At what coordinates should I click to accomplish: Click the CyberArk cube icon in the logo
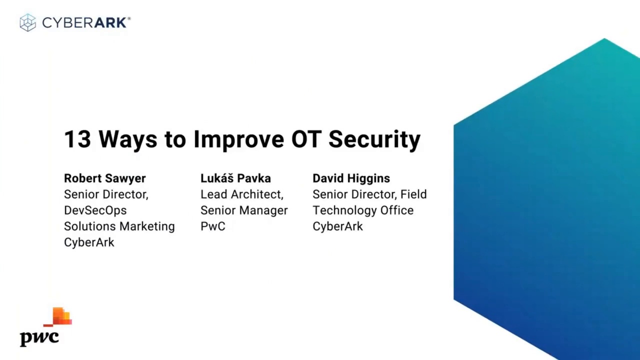point(28,22)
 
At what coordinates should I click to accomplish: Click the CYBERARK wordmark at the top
point(85,22)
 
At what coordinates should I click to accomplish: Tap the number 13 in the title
point(77,139)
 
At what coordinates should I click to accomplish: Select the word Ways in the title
point(127,139)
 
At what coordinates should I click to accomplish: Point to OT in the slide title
point(305,139)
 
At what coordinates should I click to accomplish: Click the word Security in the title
point(374,139)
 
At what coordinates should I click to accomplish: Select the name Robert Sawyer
point(104,178)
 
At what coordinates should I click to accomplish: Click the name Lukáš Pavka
point(235,178)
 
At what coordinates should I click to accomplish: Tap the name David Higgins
point(351,178)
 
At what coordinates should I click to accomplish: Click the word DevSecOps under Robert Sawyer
point(95,210)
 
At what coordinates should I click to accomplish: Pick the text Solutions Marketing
point(119,226)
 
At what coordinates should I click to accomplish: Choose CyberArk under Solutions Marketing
point(89,242)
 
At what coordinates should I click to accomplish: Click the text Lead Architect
point(241,194)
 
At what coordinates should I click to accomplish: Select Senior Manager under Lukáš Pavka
point(244,210)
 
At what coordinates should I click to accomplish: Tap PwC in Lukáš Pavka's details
point(212,226)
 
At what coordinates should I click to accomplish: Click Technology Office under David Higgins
point(362,210)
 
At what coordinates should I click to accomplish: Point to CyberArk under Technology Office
point(337,226)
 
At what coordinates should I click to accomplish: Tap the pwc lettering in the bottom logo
point(39,337)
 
